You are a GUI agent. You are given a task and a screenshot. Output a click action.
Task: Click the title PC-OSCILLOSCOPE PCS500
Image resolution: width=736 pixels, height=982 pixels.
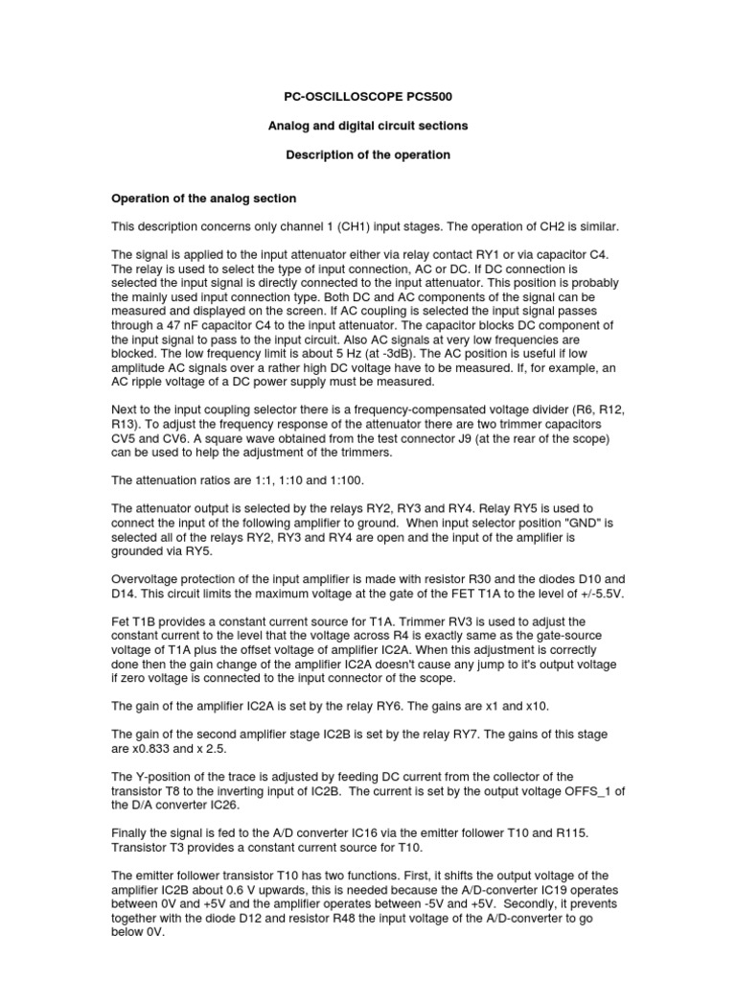click(367, 97)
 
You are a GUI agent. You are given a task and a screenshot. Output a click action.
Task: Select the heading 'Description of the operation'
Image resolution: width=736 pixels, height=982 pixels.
click(368, 154)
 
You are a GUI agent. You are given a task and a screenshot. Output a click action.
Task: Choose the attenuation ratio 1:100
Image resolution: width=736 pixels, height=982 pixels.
click(344, 479)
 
